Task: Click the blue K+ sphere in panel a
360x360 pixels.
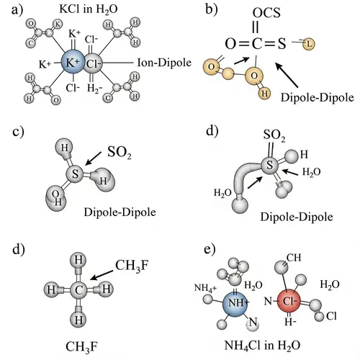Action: (73, 63)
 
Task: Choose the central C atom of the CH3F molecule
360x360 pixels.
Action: (81, 290)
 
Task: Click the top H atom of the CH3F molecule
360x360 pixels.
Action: (81, 261)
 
